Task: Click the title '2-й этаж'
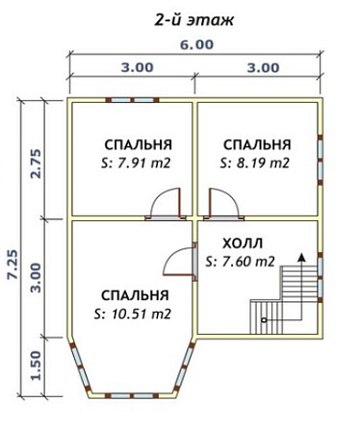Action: pos(194,20)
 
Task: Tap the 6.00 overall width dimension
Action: pos(196,44)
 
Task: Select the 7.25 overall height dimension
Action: pos(13,264)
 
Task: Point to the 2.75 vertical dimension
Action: pos(37,164)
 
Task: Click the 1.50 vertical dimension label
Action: pos(37,365)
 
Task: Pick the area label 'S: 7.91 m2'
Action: pos(136,164)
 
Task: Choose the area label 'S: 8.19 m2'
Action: pos(255,164)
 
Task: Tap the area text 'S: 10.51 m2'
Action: pos(132,314)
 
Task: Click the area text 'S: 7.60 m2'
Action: pos(241,262)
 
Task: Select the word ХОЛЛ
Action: pos(243,243)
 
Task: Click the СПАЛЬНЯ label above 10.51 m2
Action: pos(135,295)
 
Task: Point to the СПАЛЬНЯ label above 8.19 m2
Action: pos(257,145)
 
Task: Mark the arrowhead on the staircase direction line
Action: pos(301,257)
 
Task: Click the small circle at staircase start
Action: pos(264,320)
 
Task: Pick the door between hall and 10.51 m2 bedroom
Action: pos(180,262)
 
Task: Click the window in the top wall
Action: pos(132,100)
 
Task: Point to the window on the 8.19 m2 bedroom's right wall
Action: pos(320,160)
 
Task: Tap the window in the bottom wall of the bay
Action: pos(132,395)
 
